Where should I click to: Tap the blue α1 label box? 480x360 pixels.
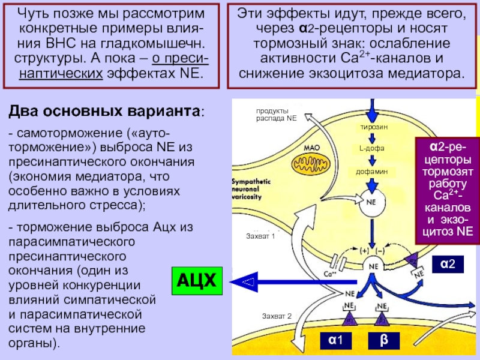pos(335,340)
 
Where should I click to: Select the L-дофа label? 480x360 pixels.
pos(372,149)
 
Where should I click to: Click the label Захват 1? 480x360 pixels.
pos(260,236)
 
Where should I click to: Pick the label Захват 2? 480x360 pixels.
pos(276,316)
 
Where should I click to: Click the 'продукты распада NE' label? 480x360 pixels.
pos(277,115)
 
